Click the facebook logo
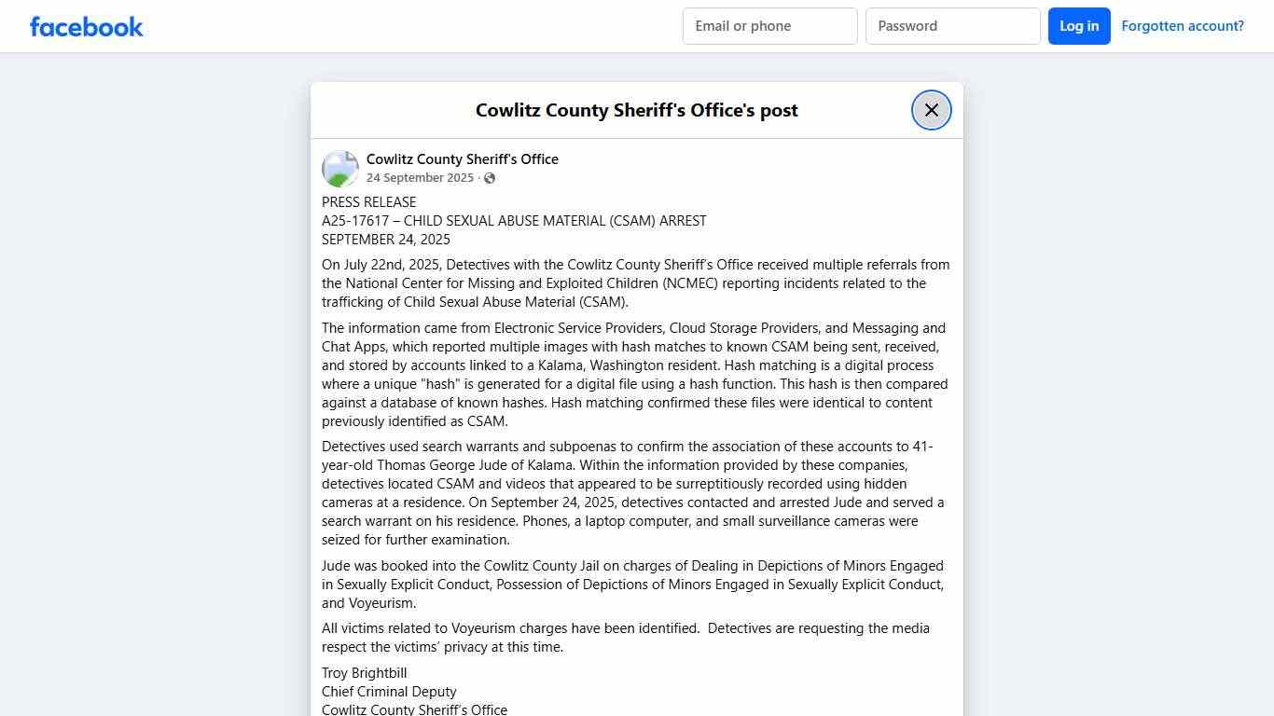click(87, 26)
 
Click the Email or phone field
click(769, 26)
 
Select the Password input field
click(952, 26)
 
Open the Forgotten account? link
click(1183, 26)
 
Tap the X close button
click(931, 110)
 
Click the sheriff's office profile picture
click(340, 169)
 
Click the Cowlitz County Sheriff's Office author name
click(462, 159)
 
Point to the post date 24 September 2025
click(420, 178)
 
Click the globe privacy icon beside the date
click(490, 178)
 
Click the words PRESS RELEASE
click(369, 202)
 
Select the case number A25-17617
click(355, 221)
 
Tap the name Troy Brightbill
click(365, 673)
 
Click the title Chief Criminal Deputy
click(389, 692)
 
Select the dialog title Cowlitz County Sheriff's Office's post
click(636, 110)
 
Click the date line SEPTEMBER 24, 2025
click(386, 240)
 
